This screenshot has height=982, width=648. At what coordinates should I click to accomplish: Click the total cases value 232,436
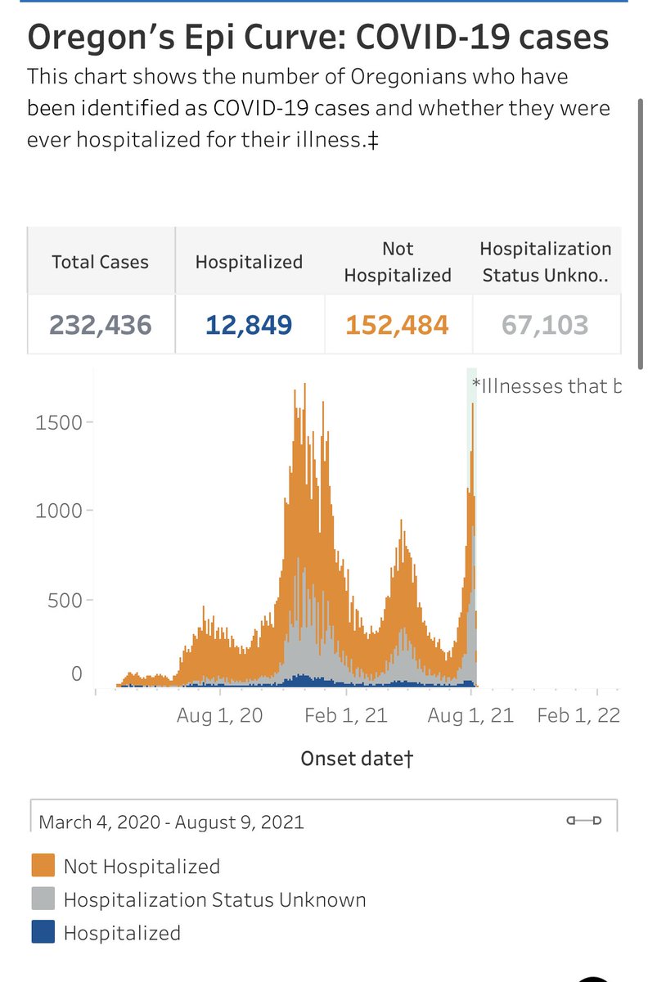pyautogui.click(x=101, y=325)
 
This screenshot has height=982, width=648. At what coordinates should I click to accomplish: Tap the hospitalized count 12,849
pyautogui.click(x=248, y=325)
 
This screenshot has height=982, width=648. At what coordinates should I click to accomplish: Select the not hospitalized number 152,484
pyautogui.click(x=397, y=325)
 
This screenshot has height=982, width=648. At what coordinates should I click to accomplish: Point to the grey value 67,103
pyautogui.click(x=545, y=325)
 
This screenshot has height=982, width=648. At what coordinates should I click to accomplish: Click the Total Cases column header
pyautogui.click(x=101, y=262)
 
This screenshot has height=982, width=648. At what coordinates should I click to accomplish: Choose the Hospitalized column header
pyautogui.click(x=249, y=262)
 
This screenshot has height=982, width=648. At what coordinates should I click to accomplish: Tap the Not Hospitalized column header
pyautogui.click(x=398, y=261)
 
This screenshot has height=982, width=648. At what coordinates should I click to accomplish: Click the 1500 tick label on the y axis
pyautogui.click(x=59, y=422)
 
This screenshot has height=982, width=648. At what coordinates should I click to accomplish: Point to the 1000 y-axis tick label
pyautogui.click(x=59, y=511)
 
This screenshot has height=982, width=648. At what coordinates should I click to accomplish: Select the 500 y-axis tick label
pyautogui.click(x=65, y=600)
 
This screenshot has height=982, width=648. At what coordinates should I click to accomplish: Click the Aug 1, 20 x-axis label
pyautogui.click(x=220, y=715)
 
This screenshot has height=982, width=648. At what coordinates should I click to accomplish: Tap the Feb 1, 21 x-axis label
pyautogui.click(x=345, y=715)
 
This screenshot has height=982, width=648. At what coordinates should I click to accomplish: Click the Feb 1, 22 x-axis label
pyautogui.click(x=578, y=715)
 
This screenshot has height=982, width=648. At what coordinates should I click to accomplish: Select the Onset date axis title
pyautogui.click(x=358, y=759)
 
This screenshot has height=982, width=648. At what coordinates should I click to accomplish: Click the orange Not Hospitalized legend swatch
pyautogui.click(x=43, y=866)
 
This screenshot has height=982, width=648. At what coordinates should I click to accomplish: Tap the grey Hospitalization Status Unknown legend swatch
pyautogui.click(x=43, y=899)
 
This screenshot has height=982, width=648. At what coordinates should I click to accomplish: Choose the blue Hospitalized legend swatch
pyautogui.click(x=43, y=932)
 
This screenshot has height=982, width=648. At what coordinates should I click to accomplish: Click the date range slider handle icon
pyautogui.click(x=584, y=820)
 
